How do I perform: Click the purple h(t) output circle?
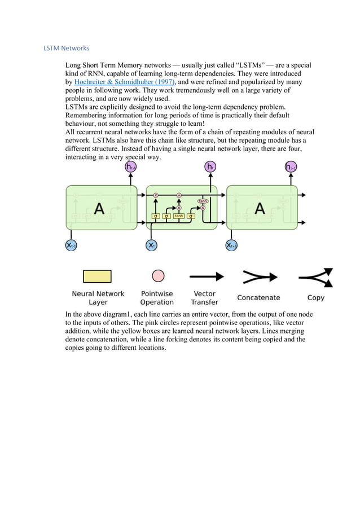[x=210, y=166]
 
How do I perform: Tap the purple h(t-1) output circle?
[x=130, y=166]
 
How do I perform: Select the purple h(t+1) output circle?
[x=291, y=166]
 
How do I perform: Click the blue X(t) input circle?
[x=151, y=245]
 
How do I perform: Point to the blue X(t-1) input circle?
[x=71, y=245]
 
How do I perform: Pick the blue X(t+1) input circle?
[x=231, y=245]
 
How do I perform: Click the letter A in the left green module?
[x=99, y=209]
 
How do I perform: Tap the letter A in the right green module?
[x=260, y=209]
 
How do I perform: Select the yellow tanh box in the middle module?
[x=179, y=216]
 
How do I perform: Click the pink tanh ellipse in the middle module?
[x=203, y=200]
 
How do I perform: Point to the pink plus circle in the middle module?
[x=179, y=195]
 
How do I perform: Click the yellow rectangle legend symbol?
[x=97, y=276]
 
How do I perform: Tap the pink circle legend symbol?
[x=159, y=276]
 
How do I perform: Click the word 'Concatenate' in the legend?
[x=258, y=297]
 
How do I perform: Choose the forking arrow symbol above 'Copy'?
[x=316, y=277]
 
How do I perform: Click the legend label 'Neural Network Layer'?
[x=98, y=298]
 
